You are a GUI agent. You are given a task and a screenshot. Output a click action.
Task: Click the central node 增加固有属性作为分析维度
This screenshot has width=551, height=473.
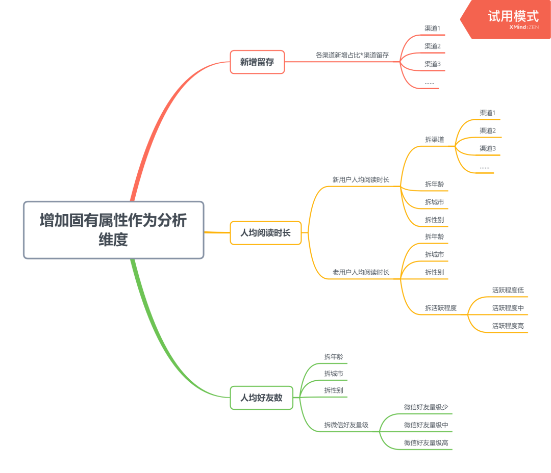[x=113, y=230]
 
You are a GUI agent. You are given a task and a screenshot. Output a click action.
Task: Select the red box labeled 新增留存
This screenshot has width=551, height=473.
[x=257, y=62]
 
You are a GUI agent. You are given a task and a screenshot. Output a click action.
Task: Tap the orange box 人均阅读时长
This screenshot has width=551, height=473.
[x=265, y=233]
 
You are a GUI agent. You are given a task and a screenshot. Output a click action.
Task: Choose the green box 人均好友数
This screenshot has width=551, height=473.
[x=261, y=398]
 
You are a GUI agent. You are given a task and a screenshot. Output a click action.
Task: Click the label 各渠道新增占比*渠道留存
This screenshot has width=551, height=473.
[x=352, y=55]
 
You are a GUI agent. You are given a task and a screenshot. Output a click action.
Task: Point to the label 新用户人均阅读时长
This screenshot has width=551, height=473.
[x=361, y=179]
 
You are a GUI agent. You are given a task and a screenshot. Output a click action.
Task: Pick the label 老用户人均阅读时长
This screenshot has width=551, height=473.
[x=361, y=272]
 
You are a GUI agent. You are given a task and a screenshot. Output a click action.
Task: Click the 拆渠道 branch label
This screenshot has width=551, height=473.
[x=434, y=139]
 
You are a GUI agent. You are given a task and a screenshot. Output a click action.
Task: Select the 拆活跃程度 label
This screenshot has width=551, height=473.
[x=440, y=308]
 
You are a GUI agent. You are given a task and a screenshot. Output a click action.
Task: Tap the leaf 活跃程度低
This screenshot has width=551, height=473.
[x=508, y=290]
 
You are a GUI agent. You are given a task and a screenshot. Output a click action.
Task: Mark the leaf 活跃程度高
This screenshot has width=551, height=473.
[x=508, y=326]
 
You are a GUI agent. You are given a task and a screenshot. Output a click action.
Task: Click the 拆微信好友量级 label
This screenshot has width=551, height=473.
[x=346, y=425]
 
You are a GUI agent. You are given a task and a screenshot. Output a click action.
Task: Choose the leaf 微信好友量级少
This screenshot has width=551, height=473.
[x=426, y=407]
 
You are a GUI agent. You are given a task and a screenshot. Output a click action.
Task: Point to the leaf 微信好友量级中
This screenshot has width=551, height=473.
[x=426, y=425]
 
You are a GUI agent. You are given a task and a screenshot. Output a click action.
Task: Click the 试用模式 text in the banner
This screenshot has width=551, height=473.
[x=513, y=16]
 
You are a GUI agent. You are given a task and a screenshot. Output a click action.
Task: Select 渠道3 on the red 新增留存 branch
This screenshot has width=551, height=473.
[x=432, y=64]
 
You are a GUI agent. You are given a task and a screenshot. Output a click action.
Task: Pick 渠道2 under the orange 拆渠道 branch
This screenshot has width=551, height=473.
[x=487, y=130]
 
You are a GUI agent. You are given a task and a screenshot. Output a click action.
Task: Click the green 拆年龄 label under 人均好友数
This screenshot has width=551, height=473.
[x=333, y=356]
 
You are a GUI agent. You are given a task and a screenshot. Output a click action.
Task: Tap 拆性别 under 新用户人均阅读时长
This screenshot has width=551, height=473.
[x=434, y=220]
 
